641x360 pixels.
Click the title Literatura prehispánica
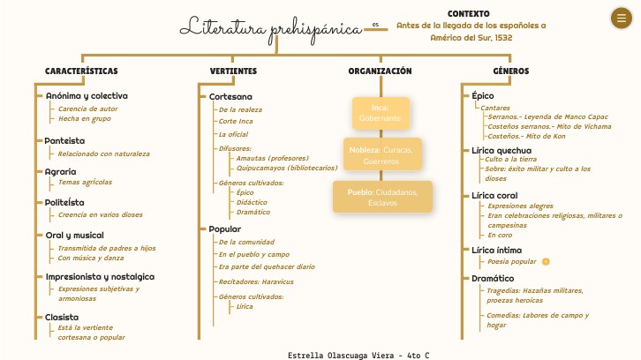point(271,27)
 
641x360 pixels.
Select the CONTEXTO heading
point(469,14)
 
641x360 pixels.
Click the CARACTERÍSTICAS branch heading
point(81,71)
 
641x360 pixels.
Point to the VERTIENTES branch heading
point(233,71)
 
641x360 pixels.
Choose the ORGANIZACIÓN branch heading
point(380,71)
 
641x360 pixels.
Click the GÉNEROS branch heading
point(510,71)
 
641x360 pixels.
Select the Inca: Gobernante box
point(381,112)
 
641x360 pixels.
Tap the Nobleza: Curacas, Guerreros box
point(381,155)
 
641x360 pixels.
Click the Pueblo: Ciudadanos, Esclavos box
point(383,196)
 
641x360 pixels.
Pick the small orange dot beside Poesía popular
point(546,261)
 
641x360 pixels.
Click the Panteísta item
point(65,140)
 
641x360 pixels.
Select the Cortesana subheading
point(230,95)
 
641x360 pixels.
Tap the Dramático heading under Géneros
point(493,278)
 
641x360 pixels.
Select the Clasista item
point(62,316)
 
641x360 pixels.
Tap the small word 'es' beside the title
point(375,25)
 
